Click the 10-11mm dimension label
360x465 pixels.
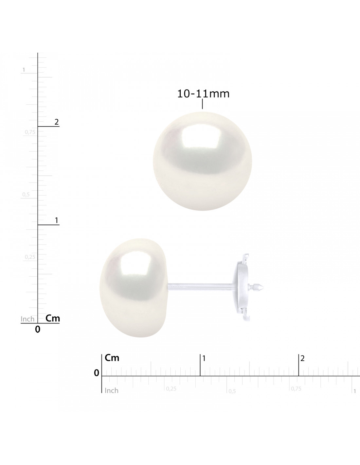(x=203, y=94)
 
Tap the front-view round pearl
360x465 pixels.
(x=202, y=161)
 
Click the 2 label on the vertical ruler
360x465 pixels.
(x=57, y=122)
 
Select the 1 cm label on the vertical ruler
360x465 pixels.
(x=57, y=220)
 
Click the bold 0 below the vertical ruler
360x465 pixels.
(x=38, y=330)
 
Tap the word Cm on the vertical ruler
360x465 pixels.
(x=53, y=318)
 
